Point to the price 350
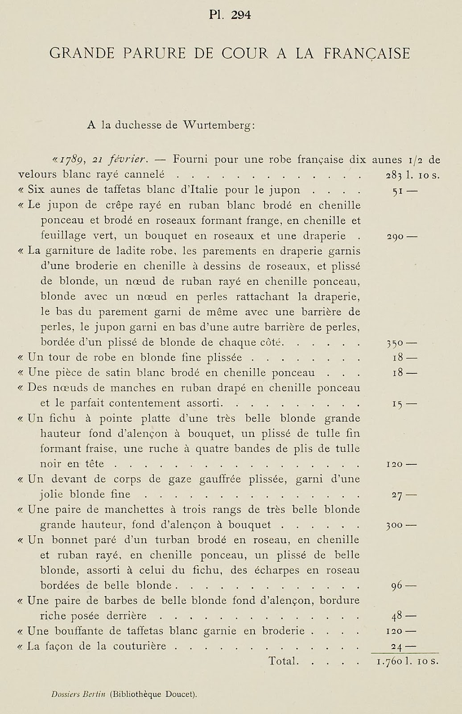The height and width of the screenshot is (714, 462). tap(395, 344)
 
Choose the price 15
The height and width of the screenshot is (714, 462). tap(397, 404)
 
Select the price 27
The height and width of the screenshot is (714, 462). tap(397, 495)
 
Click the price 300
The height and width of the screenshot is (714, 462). tap(395, 525)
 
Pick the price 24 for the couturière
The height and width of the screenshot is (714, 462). tap(397, 647)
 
